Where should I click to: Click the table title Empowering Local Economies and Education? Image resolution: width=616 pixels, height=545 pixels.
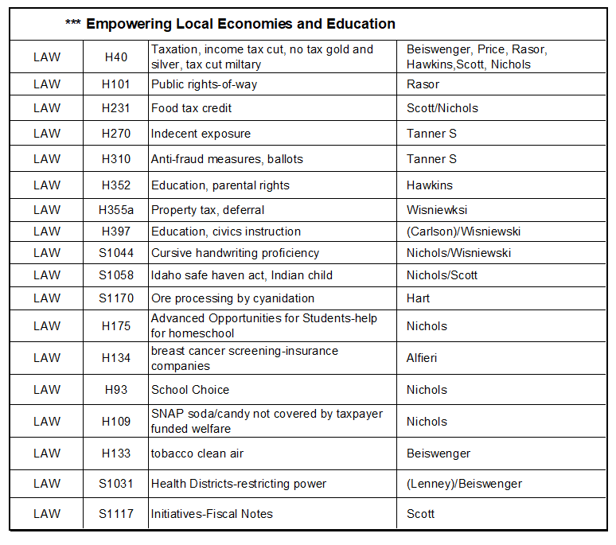coord(240,24)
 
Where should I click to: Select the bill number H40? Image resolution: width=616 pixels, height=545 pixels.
coord(116,57)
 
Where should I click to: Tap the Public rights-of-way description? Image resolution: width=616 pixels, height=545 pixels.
coord(205,84)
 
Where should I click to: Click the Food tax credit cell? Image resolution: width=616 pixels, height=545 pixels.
coord(192,108)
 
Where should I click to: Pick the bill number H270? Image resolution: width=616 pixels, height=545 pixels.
coord(116,134)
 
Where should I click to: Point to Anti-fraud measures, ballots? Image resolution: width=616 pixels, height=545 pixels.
coord(227,159)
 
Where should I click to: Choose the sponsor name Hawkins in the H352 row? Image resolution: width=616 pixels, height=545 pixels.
coord(430,185)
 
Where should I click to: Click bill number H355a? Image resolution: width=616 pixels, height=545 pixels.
coord(116,210)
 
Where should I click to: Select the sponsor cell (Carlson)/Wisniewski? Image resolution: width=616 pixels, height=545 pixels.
coord(458,232)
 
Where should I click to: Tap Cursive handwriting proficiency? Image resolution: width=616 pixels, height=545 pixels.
coord(236,253)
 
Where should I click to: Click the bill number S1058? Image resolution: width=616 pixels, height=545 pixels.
coord(116,275)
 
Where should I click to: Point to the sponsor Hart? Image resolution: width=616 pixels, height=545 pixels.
coord(418,298)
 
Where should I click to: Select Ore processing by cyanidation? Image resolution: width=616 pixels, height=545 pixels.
coord(233,298)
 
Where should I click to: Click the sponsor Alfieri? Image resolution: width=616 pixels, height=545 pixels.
coord(422,358)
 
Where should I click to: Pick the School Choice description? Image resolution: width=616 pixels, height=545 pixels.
coord(190,390)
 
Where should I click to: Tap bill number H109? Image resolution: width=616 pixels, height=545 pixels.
coord(116,422)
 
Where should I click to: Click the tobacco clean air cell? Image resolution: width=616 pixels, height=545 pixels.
coord(197,454)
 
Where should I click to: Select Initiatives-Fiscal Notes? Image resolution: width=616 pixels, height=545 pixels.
coord(212,514)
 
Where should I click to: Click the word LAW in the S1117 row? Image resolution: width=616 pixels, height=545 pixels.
coord(47,514)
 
